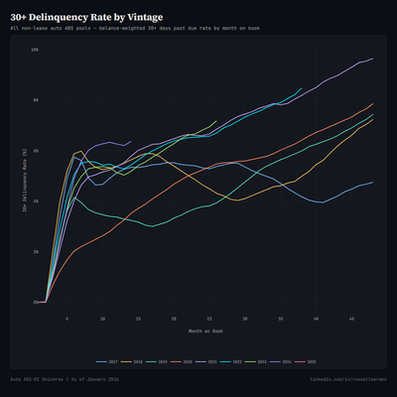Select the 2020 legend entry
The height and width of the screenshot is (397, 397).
pyautogui.click(x=185, y=363)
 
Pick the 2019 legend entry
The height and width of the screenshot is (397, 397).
pyautogui.click(x=162, y=363)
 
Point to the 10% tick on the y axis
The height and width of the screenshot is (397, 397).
pyautogui.click(x=34, y=50)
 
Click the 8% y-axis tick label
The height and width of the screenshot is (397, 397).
pyautogui.click(x=35, y=100)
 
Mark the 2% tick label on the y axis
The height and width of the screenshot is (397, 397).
pyautogui.click(x=35, y=252)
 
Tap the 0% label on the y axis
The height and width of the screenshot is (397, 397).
pyautogui.click(x=35, y=302)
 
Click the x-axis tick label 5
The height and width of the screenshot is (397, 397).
pyautogui.click(x=67, y=319)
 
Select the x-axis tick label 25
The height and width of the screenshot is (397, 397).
pyautogui.click(x=209, y=319)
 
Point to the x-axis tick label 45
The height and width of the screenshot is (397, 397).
pyautogui.click(x=351, y=319)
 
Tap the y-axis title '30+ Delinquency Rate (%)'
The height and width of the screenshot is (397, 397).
pyautogui.click(x=24, y=176)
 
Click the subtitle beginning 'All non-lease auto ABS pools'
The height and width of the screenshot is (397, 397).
pyautogui.click(x=134, y=31)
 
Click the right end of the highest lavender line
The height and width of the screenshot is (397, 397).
pyautogui.click(x=373, y=59)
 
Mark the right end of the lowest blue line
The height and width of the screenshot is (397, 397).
pyautogui.click(x=373, y=182)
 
